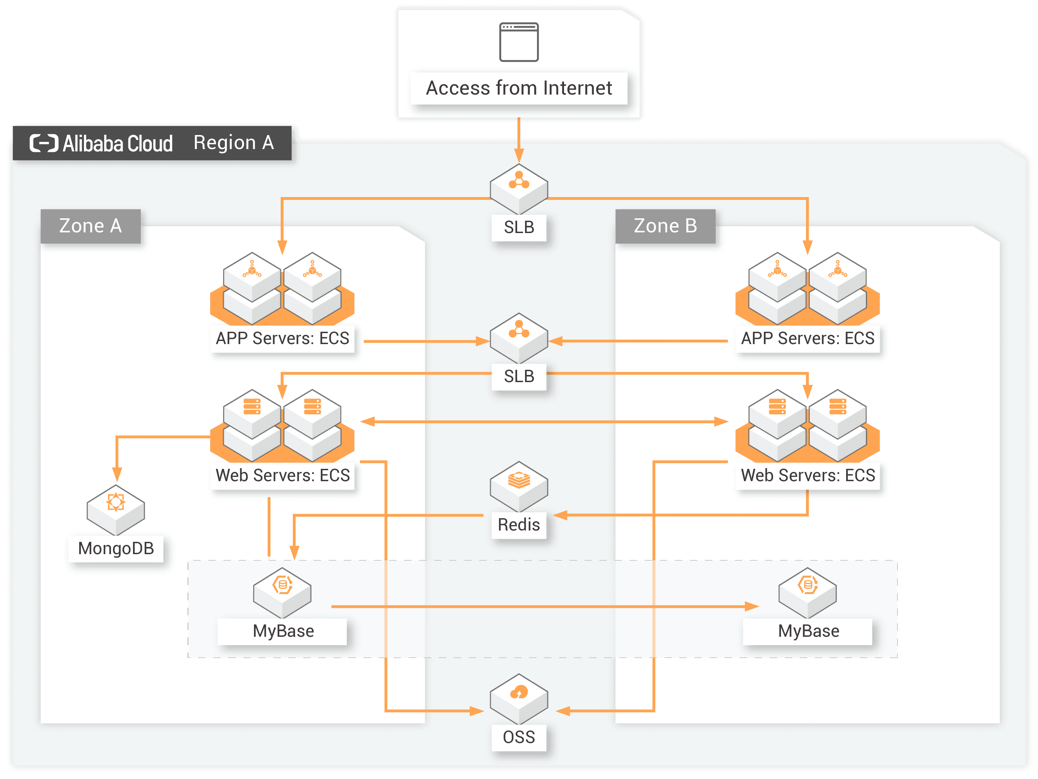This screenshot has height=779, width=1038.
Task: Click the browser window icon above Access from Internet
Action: (518, 42)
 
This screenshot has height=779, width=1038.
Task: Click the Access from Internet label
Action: (518, 88)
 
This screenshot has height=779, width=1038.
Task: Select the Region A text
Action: (234, 143)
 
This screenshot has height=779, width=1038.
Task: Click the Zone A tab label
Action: (90, 226)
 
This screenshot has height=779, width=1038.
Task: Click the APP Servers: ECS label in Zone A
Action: (282, 338)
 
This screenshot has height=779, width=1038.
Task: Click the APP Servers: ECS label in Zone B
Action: (808, 338)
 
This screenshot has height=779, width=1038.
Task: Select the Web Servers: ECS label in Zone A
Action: (282, 475)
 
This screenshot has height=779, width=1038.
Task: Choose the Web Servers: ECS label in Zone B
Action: (808, 475)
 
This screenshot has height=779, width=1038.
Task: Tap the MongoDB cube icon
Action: (116, 510)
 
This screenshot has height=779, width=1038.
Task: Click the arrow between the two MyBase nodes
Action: (544, 607)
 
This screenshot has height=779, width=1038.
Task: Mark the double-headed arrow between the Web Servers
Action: (544, 422)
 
